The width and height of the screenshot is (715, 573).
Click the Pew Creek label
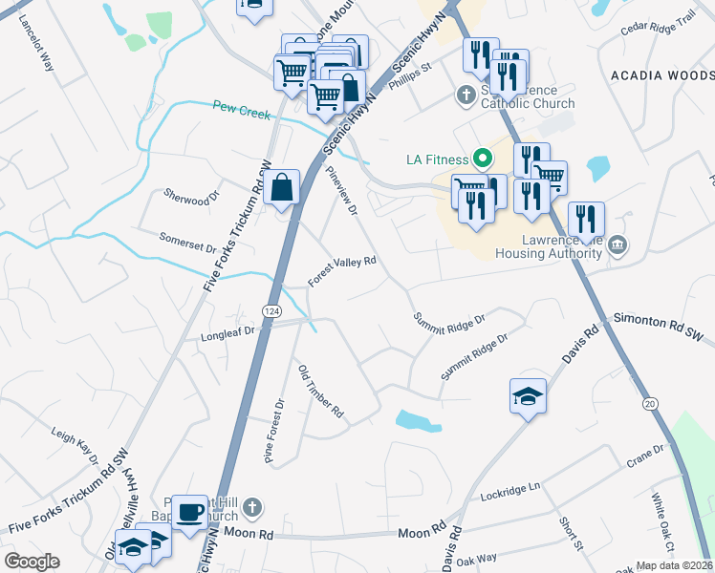pos(242,112)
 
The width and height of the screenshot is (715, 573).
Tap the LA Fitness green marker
pos(483,159)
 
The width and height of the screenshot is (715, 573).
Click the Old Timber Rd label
pos(321,393)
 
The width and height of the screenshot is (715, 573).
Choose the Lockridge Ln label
pos(511,492)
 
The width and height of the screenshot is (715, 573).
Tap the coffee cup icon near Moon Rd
pos(189,510)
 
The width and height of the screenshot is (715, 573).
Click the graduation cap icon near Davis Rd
pos(528,395)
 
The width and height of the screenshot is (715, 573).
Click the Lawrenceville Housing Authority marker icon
pos(617,246)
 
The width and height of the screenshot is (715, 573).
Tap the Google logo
pos(32,562)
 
